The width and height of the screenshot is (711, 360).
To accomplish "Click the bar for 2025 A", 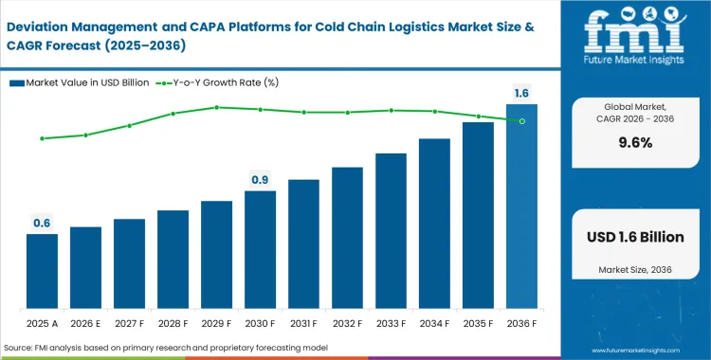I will click(42, 271).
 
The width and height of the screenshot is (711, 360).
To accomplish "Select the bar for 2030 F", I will click(260, 250).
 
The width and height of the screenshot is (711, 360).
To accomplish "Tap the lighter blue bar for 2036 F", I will click(521, 207).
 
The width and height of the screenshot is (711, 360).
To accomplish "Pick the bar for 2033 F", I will click(391, 231).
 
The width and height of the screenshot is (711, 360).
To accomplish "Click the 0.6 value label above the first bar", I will click(42, 224).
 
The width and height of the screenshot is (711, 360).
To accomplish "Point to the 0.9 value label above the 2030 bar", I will click(260, 180).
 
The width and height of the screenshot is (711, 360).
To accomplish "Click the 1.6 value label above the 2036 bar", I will click(521, 93).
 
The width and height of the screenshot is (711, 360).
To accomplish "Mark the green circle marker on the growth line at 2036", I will click(521, 120).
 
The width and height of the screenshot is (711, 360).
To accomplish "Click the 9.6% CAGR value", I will click(632, 143).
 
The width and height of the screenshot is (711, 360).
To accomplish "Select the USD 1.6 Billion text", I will click(632, 237).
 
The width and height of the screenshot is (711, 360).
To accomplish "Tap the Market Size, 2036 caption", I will click(632, 272).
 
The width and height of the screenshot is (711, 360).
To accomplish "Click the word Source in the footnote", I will click(22, 348).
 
